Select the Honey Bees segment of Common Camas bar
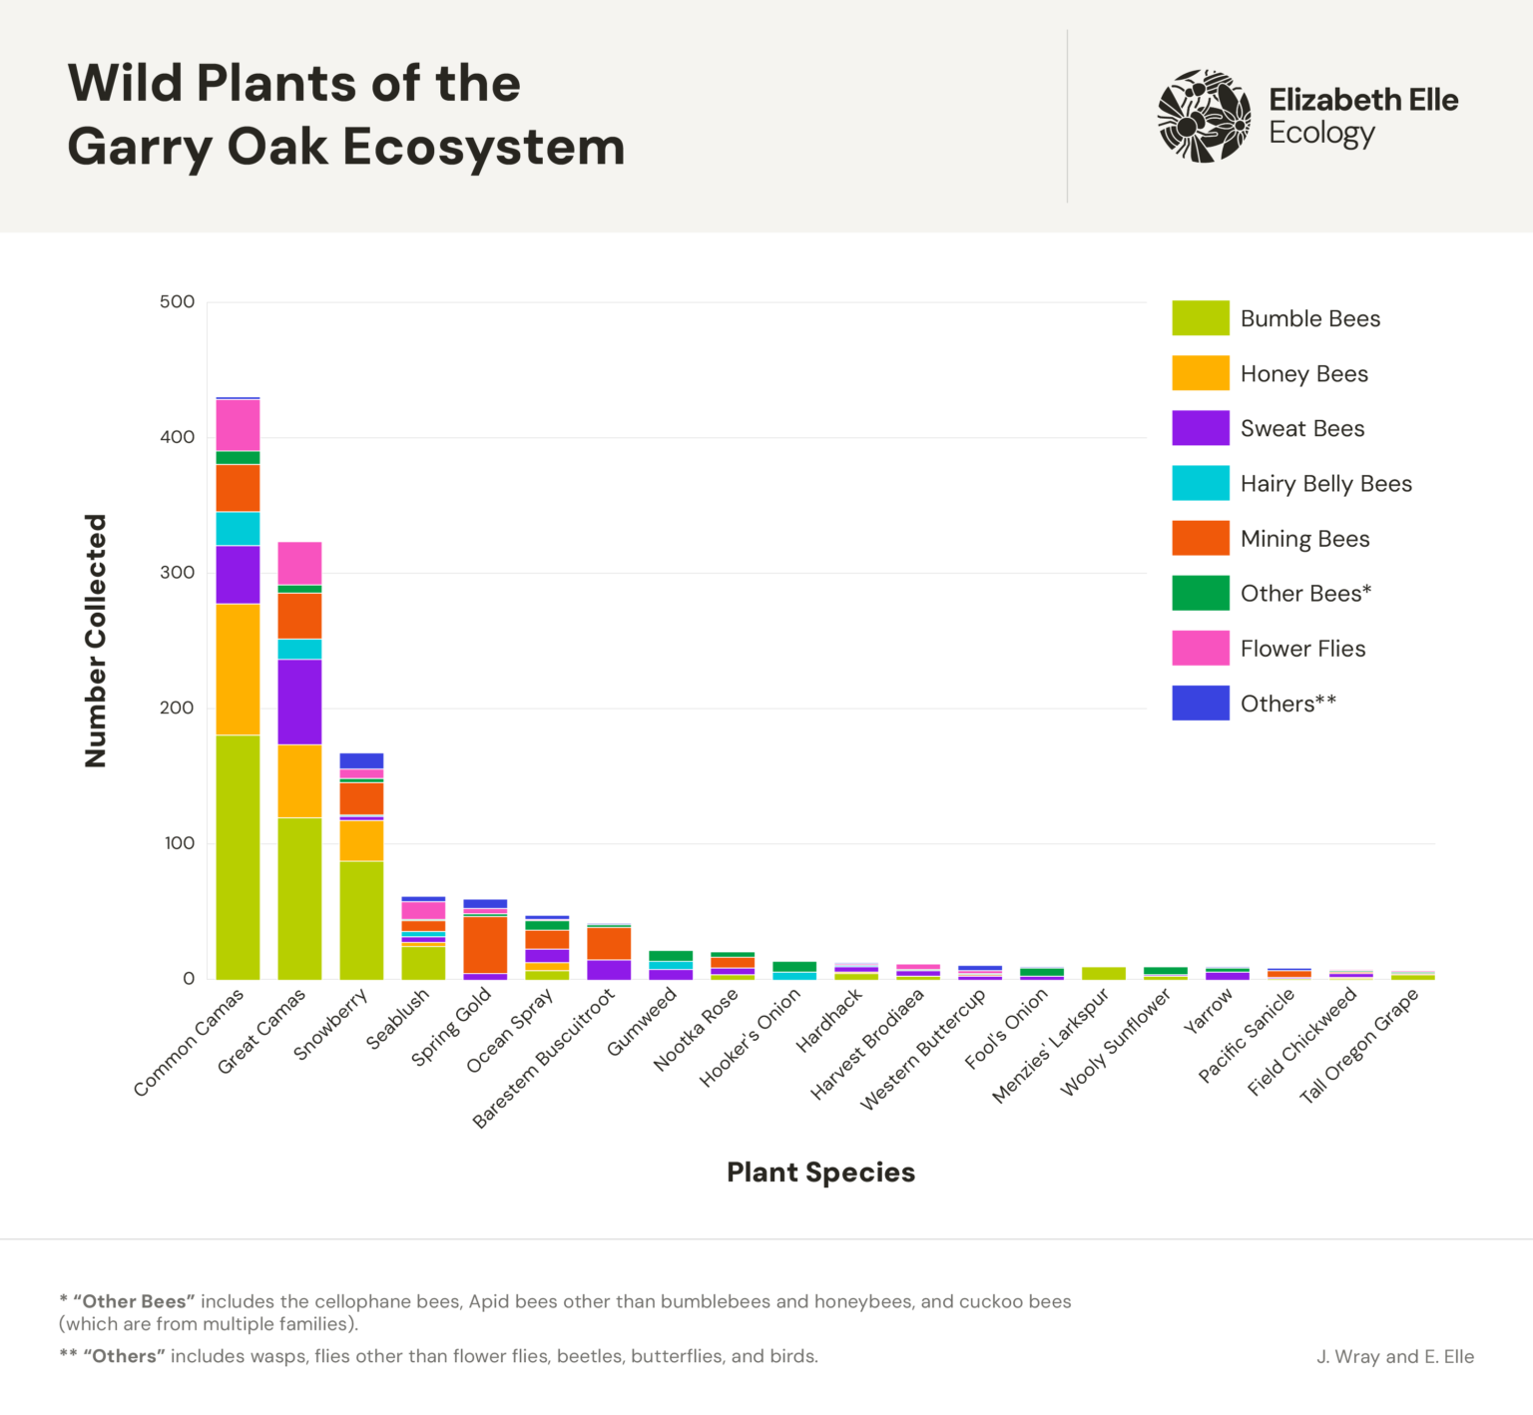(x=238, y=669)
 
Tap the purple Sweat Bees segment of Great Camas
(x=299, y=702)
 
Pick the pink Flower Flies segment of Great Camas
(x=299, y=563)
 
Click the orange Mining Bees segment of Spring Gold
(x=485, y=945)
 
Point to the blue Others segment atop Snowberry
(x=361, y=760)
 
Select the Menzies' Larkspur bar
(x=1103, y=973)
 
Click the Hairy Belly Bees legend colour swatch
(x=1200, y=483)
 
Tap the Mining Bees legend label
(x=1304, y=539)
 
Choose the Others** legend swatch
(x=1200, y=704)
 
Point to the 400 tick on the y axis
(x=177, y=437)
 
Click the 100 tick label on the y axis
(x=179, y=843)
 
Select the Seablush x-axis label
(x=397, y=1019)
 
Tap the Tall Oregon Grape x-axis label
(x=1358, y=1046)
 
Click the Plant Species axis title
(x=820, y=1173)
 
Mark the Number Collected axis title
(x=96, y=641)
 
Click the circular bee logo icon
(x=1204, y=116)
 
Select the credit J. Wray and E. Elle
(x=1394, y=1357)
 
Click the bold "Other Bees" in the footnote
(x=130, y=1302)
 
